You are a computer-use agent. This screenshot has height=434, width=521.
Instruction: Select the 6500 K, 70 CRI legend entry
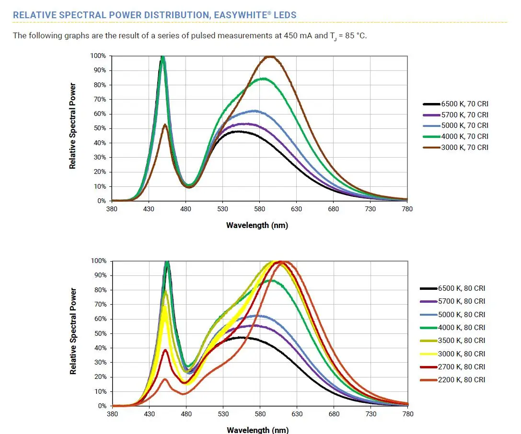[x=464, y=103]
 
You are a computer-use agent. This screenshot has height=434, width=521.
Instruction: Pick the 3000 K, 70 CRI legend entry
[x=464, y=148]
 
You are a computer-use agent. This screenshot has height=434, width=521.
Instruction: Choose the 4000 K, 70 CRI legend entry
[x=464, y=137]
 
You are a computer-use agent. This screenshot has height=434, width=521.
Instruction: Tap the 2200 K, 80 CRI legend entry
[x=461, y=380]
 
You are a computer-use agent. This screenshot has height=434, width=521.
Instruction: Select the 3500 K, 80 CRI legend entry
[x=461, y=341]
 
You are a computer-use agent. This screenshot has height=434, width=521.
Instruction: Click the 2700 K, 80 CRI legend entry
[x=461, y=367]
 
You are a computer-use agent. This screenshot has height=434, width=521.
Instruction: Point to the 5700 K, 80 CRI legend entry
[x=461, y=301]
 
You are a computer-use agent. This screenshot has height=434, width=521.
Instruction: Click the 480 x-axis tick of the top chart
[x=186, y=209]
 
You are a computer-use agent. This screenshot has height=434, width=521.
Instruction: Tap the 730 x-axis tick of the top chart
[x=370, y=209]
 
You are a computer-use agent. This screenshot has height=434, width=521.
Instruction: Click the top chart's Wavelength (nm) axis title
[x=257, y=225]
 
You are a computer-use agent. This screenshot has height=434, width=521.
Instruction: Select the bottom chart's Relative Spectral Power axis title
[x=73, y=331]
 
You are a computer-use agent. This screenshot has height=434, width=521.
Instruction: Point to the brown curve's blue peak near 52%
[x=165, y=125]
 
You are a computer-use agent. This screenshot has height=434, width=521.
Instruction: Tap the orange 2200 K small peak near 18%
[x=165, y=379]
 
